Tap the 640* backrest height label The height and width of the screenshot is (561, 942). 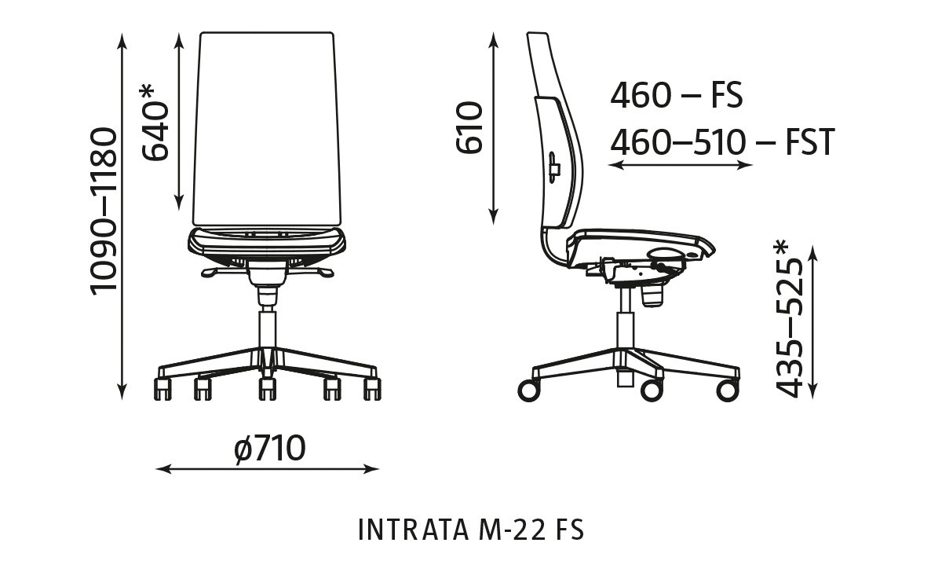click(155, 123)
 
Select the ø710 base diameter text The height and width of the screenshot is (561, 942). click(269, 449)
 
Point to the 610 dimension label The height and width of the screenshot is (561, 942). click(468, 127)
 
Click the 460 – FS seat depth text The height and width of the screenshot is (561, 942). click(676, 96)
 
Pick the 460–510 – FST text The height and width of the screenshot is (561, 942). click(721, 143)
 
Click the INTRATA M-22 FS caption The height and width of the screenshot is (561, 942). click(471, 530)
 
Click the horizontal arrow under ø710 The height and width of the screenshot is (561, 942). click(268, 470)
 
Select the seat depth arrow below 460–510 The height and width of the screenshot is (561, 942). click(681, 165)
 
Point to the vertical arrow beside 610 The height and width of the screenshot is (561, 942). click(494, 127)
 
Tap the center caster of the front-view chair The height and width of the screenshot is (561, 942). click(267, 387)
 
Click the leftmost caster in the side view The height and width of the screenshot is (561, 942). click(528, 390)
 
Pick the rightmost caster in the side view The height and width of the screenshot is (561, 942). click(727, 390)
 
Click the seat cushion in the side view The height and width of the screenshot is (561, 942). click(636, 239)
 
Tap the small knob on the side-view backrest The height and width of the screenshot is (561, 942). click(554, 167)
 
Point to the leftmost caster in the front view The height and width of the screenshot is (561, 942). click(162, 388)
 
